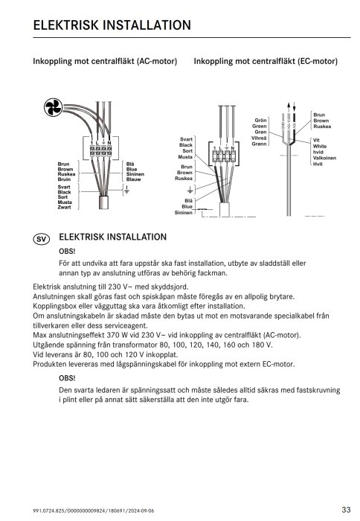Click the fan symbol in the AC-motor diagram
click(x=54, y=108)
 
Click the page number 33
click(x=346, y=509)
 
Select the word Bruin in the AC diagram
click(x=65, y=179)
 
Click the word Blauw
click(x=134, y=179)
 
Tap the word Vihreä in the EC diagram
click(x=259, y=138)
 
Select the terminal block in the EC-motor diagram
click(x=224, y=156)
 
